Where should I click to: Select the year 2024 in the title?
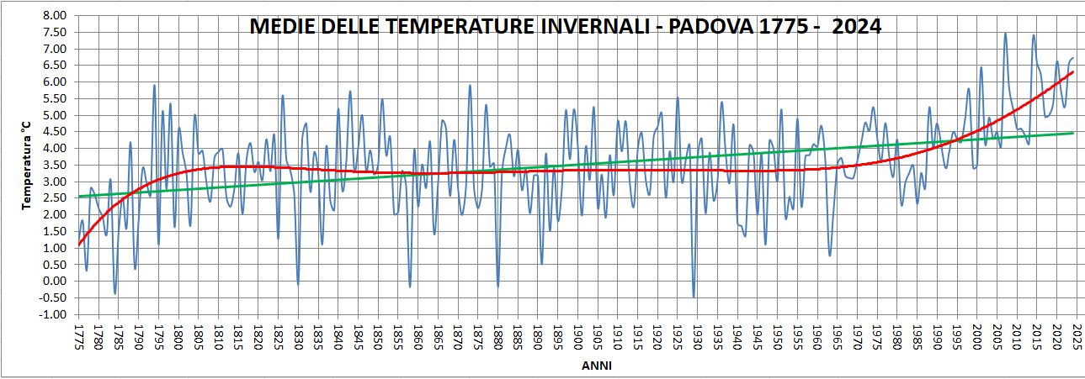(854, 27)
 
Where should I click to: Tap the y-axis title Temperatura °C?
(27, 165)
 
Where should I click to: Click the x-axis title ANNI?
(596, 366)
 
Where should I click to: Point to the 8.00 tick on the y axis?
(53, 16)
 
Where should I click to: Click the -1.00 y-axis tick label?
(52, 314)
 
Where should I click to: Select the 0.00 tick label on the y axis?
(53, 282)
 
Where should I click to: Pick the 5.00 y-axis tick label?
(53, 115)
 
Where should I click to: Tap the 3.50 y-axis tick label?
(53, 165)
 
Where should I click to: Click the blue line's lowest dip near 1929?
(694, 297)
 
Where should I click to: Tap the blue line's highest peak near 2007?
(1005, 34)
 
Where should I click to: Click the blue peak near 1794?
(155, 86)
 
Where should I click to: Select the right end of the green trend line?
(1073, 133)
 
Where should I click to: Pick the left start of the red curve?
(79, 244)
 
